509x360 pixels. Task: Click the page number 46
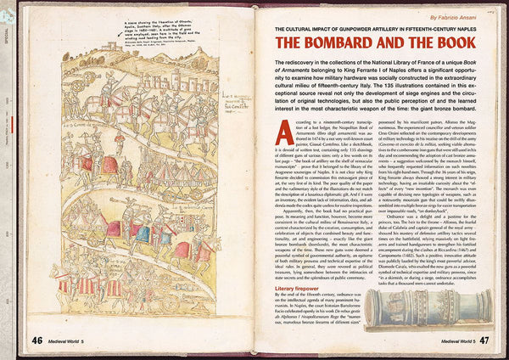(37, 340)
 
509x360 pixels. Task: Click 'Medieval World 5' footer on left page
(73, 340)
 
